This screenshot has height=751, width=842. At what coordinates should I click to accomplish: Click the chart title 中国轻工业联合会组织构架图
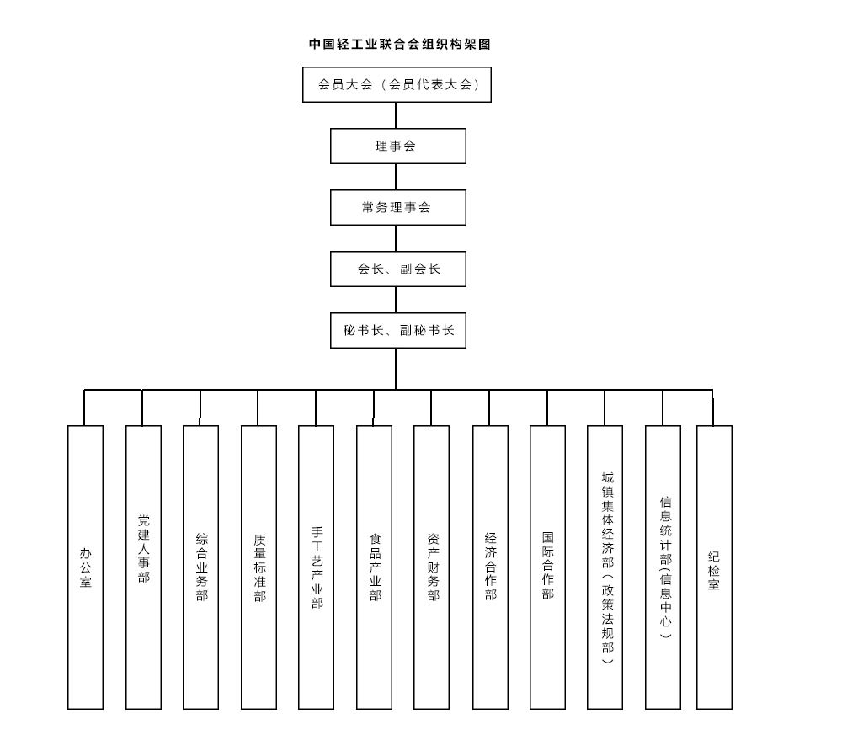pyautogui.click(x=399, y=44)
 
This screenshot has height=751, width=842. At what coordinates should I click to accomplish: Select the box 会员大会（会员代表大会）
pyautogui.click(x=397, y=84)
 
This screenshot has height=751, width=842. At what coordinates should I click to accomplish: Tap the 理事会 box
pyautogui.click(x=398, y=146)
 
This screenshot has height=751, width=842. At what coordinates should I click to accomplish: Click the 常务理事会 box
pyautogui.click(x=398, y=207)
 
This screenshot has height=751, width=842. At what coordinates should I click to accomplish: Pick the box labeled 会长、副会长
pyautogui.click(x=398, y=269)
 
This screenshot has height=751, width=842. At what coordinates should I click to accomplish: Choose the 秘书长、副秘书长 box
pyautogui.click(x=398, y=330)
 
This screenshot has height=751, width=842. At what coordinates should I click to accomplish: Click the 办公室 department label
pyautogui.click(x=85, y=567)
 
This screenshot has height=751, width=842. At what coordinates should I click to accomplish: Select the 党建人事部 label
pyautogui.click(x=143, y=549)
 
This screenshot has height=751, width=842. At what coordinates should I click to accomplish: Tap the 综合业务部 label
pyautogui.click(x=201, y=567)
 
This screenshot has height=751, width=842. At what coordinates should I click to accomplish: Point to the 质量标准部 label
pyautogui.click(x=259, y=567)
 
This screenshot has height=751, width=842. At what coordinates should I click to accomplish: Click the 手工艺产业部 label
pyautogui.click(x=317, y=567)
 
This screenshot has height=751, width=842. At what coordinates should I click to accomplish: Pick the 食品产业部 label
pyautogui.click(x=375, y=567)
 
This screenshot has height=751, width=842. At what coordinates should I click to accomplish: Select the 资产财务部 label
pyautogui.click(x=433, y=567)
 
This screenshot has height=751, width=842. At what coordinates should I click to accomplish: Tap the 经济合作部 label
pyautogui.click(x=490, y=567)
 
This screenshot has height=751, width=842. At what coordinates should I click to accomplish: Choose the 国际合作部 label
pyautogui.click(x=548, y=565)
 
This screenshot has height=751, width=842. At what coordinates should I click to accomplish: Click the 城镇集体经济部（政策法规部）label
pyautogui.click(x=607, y=567)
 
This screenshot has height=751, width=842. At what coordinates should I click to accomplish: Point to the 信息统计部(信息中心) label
pyautogui.click(x=665, y=567)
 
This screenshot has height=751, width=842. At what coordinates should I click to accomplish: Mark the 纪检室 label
pyautogui.click(x=714, y=570)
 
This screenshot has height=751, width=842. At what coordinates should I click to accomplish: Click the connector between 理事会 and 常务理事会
pyautogui.click(x=396, y=177)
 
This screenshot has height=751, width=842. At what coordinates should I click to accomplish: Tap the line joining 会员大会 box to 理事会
pyautogui.click(x=396, y=115)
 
